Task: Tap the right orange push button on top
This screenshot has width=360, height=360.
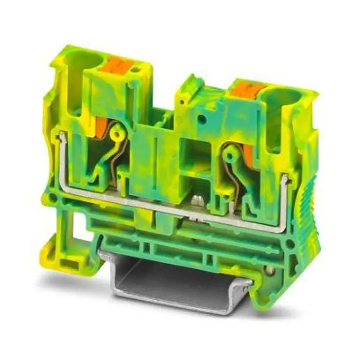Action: [x=245, y=90]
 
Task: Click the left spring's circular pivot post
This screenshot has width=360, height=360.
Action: [x=118, y=134]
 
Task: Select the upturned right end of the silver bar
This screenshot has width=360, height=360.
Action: [x=283, y=182]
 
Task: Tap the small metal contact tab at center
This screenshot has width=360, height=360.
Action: [x=196, y=201]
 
